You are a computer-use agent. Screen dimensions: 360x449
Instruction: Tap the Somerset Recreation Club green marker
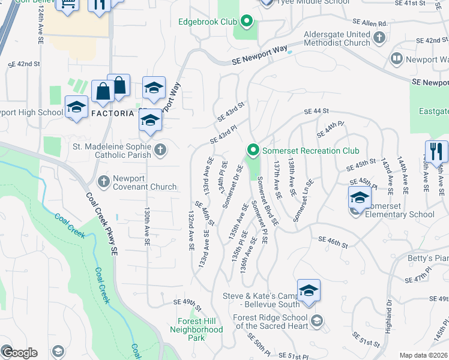pos(253,150)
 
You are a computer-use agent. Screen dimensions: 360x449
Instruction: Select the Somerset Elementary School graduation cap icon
pos(359,197)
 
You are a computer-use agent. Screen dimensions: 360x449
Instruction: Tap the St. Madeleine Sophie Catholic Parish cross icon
pos(160,149)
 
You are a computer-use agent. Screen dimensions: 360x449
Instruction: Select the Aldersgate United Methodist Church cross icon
pos(379,38)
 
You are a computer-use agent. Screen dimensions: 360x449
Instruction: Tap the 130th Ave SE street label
pos(146,227)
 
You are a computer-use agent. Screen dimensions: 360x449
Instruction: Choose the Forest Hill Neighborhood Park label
pos(196,329)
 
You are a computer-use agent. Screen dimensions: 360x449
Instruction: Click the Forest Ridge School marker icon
pos(318,320)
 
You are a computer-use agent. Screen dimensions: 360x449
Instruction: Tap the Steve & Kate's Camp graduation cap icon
pos(309,291)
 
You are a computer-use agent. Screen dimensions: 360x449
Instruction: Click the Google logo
pos(19,352)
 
